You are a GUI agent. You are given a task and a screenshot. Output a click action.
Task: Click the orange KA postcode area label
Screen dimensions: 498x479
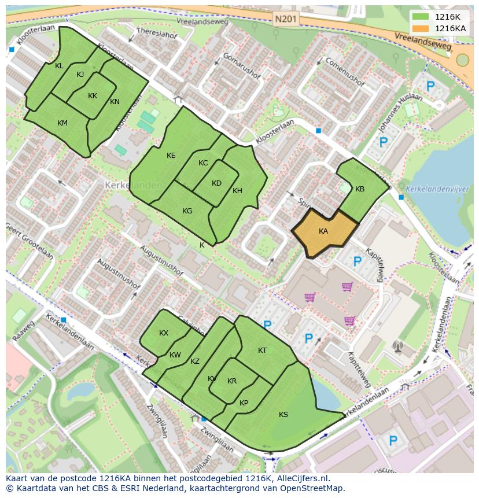click(323, 231)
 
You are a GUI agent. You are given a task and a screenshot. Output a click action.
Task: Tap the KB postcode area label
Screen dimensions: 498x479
click(360, 189)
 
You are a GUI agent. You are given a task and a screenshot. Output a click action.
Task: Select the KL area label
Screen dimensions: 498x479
click(59, 66)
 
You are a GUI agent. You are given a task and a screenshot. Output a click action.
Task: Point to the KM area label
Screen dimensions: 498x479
click(62, 123)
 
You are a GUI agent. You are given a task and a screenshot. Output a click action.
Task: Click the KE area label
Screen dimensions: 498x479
click(171, 156)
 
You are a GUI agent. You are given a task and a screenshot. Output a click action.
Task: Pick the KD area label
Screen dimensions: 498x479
click(216, 183)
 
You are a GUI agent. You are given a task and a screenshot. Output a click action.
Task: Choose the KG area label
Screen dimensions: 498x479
click(187, 211)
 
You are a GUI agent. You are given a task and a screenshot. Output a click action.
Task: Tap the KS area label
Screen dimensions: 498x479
click(283, 415)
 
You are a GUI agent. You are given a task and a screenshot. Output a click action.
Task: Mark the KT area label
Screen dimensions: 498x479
click(263, 351)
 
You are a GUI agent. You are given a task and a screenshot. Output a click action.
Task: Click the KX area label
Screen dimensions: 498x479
click(164, 333)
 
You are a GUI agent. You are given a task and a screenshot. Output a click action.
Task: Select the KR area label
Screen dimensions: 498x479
click(232, 381)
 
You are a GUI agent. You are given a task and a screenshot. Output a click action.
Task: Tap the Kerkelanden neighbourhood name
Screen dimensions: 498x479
click(126, 185)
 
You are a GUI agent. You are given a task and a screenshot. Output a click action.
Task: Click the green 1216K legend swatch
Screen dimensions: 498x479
click(421, 17)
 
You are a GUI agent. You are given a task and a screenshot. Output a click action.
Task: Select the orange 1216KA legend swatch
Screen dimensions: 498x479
click(421, 28)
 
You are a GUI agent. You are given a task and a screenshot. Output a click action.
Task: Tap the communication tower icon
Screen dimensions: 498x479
click(397, 346)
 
